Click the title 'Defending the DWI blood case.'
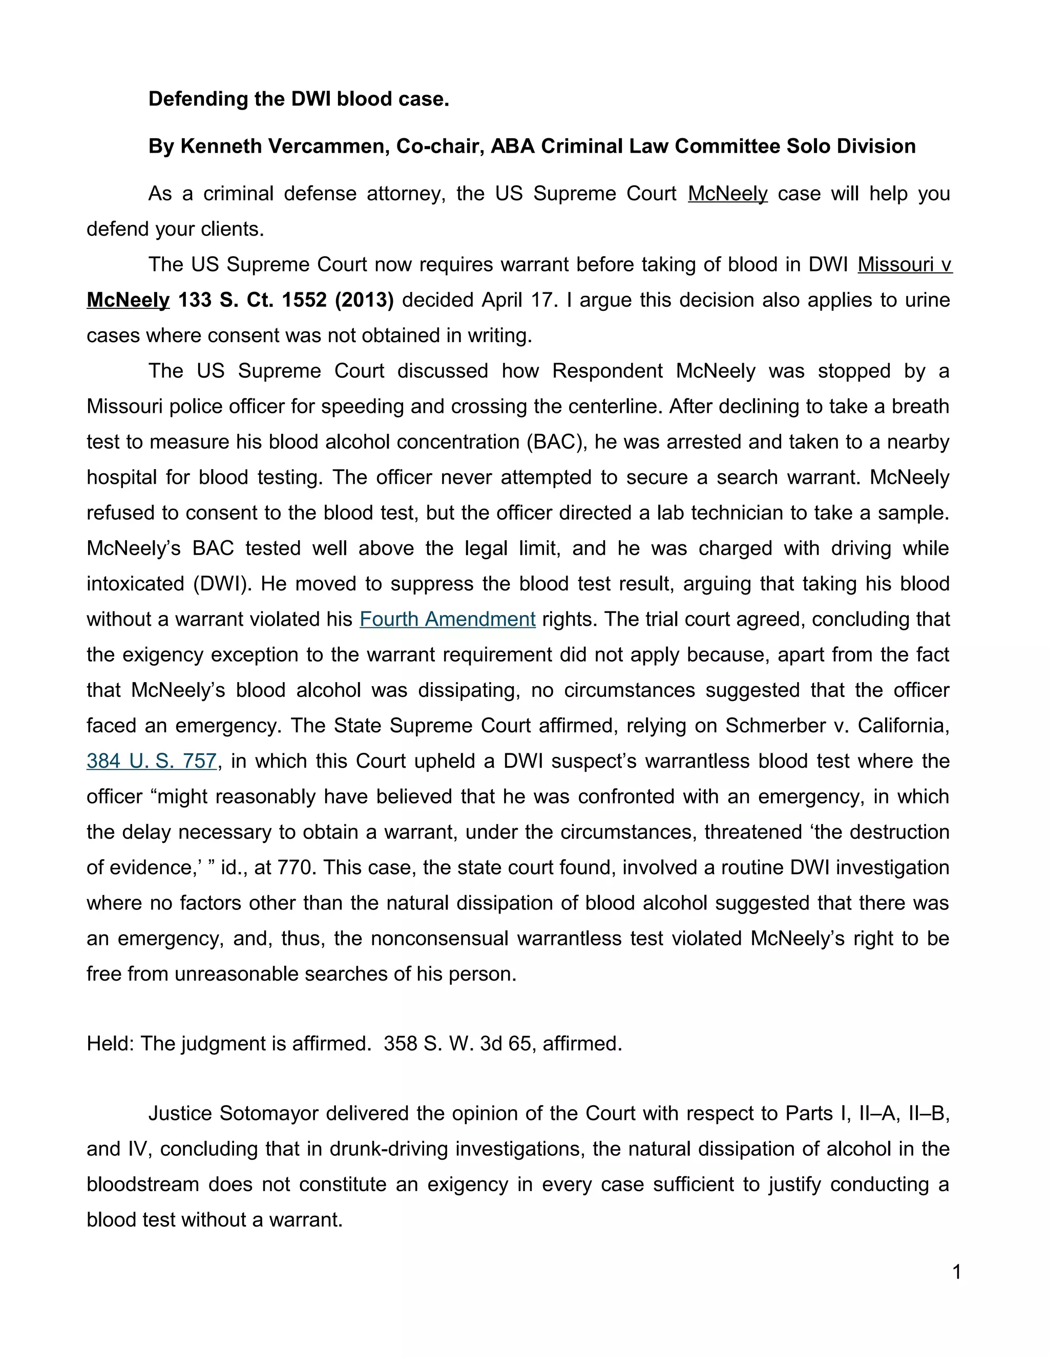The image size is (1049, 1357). (x=298, y=99)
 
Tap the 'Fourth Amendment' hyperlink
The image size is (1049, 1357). (x=448, y=619)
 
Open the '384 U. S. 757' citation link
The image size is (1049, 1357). (x=152, y=760)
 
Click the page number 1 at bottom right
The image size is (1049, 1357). (x=956, y=1272)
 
